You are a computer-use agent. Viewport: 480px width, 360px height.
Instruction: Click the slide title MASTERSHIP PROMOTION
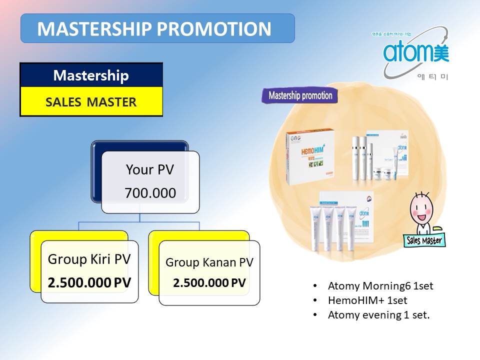pos(154,29)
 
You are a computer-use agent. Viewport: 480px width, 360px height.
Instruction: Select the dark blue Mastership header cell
pos(91,75)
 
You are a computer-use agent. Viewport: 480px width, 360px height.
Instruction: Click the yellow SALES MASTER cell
pos(91,102)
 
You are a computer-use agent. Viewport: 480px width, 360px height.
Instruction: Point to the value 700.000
pos(150,192)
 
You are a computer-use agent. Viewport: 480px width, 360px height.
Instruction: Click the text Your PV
pos(150,169)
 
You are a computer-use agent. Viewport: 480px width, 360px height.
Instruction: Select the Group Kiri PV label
pos(89,259)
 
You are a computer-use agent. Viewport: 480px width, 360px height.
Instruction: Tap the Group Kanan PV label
pos(209,262)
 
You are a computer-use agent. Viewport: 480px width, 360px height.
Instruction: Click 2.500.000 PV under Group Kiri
pos(89,282)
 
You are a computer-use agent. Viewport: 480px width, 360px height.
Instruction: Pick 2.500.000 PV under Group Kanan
pos(209,283)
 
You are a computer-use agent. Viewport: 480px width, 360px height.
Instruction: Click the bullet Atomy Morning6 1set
pos(380,286)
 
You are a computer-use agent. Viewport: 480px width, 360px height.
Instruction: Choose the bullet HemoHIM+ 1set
pos(367,300)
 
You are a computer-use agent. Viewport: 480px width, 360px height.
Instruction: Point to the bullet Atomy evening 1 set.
pos(378,315)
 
